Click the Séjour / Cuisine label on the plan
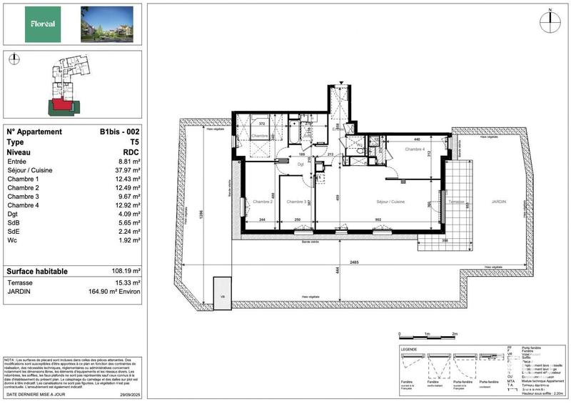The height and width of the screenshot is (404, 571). [391, 202]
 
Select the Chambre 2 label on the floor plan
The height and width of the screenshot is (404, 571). [263, 202]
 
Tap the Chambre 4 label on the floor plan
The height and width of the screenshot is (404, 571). [415, 149]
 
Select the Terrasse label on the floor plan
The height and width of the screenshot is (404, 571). [455, 202]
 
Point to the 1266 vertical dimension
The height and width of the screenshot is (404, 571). [201, 212]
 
